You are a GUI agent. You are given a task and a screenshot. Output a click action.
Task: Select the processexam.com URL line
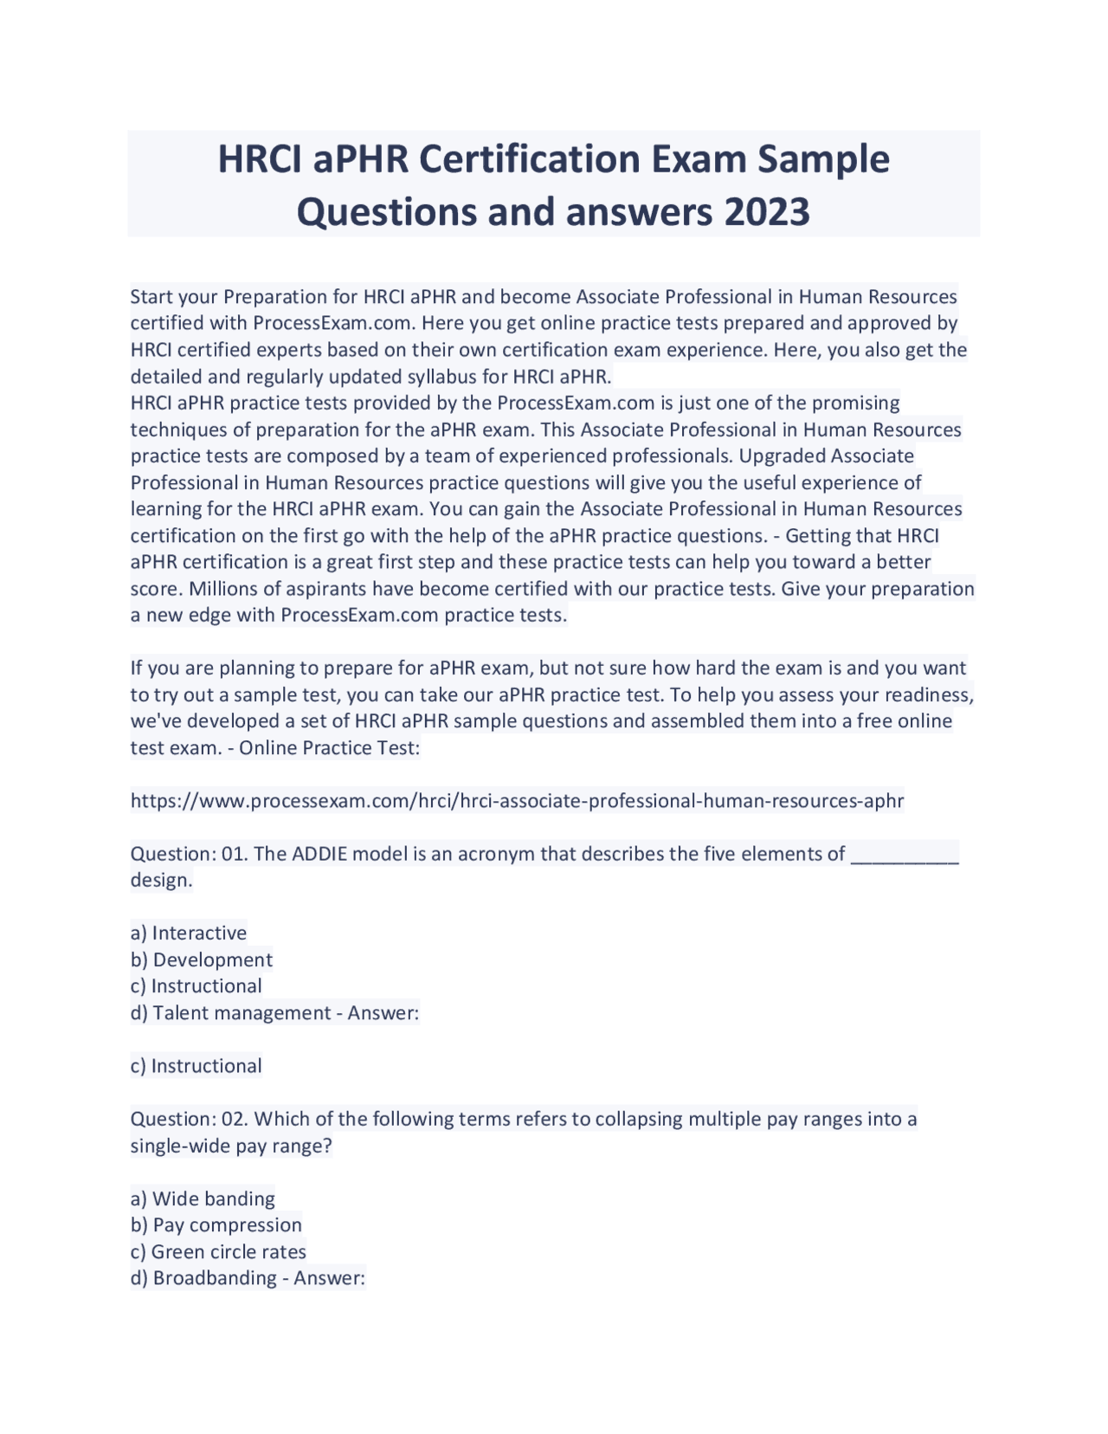tap(517, 800)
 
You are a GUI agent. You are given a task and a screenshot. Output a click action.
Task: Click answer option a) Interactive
tap(189, 933)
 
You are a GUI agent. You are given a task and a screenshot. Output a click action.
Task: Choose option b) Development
tap(202, 959)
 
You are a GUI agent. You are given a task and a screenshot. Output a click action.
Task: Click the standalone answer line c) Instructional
tap(196, 1065)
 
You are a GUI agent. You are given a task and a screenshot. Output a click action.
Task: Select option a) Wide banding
tap(203, 1198)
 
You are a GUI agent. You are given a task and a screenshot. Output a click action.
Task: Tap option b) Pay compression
tap(216, 1224)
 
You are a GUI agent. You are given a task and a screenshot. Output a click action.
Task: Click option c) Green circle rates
tap(218, 1251)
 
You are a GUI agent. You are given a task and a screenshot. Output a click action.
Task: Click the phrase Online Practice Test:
tap(330, 747)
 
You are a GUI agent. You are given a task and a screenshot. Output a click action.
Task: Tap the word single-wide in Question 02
tap(179, 1146)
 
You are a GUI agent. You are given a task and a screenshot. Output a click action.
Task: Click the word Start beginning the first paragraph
tap(150, 297)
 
